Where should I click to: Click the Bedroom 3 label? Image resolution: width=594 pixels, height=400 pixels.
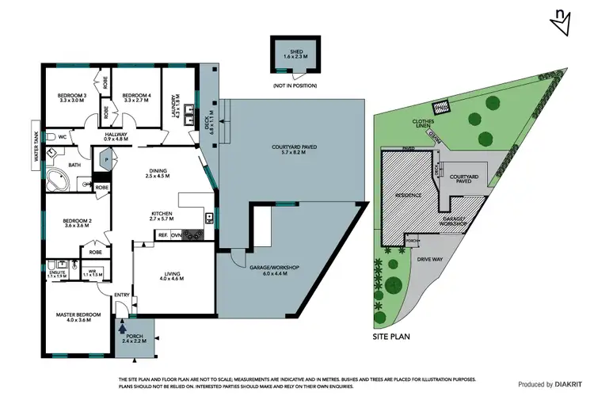tap(71, 97)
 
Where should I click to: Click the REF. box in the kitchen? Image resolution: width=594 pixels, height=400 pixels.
tap(162, 235)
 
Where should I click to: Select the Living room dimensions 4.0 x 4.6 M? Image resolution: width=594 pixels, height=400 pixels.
tap(172, 279)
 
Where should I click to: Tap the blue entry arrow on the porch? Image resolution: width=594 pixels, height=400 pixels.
tap(121, 325)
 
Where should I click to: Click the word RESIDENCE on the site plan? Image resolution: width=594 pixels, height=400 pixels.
tap(402, 194)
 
